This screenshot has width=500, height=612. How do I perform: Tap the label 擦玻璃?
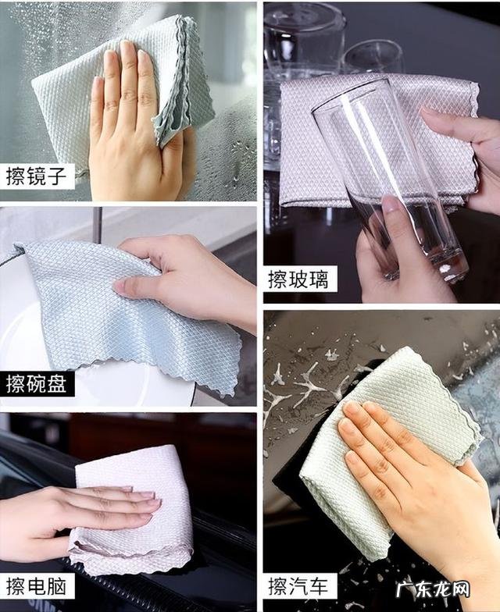[x=299, y=279]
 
